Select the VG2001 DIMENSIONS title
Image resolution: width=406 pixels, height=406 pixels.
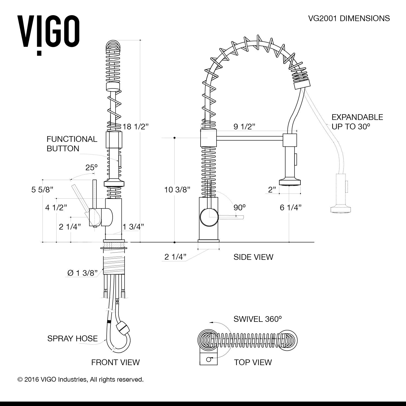[349, 18]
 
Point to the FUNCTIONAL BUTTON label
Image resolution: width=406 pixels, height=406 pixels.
[72, 144]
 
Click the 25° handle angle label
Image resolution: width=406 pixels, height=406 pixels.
[91, 168]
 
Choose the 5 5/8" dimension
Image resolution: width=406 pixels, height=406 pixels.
[42, 189]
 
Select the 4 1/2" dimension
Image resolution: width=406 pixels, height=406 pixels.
[56, 208]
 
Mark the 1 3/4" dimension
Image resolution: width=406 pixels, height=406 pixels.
[133, 227]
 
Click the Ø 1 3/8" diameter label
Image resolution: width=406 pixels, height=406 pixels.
[82, 273]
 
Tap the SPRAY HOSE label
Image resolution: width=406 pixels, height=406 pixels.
[72, 339]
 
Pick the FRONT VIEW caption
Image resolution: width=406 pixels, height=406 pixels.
[115, 362]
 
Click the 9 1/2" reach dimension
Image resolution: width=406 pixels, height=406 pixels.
[244, 126]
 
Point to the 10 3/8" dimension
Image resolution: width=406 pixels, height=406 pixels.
[177, 189]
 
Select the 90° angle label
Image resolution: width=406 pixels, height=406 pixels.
[240, 208]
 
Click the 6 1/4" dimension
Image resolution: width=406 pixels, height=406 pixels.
[290, 208]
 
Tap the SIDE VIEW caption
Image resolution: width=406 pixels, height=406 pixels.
[253, 257]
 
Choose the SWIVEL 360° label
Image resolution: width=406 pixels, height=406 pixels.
[258, 319]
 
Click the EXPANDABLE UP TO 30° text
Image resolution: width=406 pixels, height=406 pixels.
[357, 122]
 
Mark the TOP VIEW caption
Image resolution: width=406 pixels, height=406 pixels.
[253, 362]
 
